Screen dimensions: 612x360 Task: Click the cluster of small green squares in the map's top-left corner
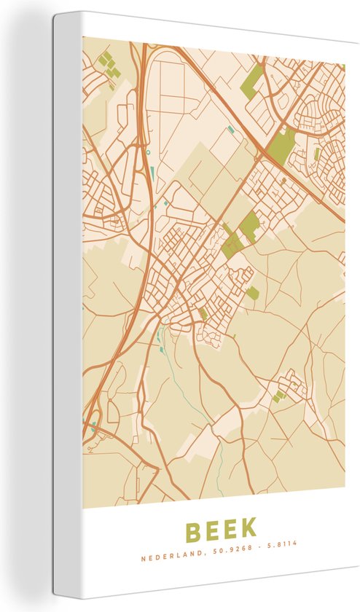(x=109, y=64)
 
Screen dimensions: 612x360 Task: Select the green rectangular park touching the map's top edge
(x=252, y=81)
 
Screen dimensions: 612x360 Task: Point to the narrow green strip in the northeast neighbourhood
(x=317, y=154)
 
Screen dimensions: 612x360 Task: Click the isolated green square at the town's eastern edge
(x=252, y=293)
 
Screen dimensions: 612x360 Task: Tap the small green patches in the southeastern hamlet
(x=278, y=396)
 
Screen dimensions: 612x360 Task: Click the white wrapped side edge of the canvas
(x=67, y=306)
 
